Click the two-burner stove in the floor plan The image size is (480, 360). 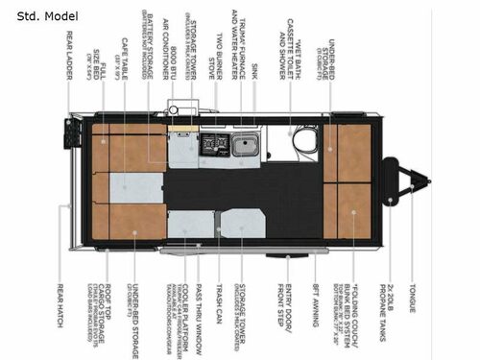pos(212,145)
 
